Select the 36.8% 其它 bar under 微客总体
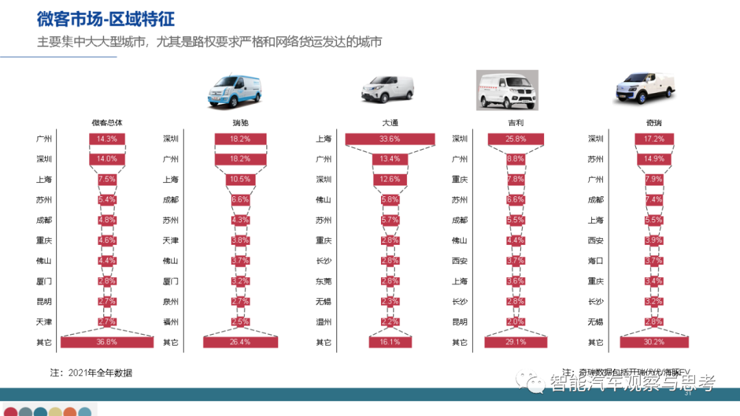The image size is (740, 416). click(x=107, y=342)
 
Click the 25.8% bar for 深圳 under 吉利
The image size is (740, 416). click(x=515, y=139)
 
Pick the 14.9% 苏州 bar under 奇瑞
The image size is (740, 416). click(x=654, y=159)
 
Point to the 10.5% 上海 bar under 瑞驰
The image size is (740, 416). click(x=240, y=180)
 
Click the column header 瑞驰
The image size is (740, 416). click(x=240, y=123)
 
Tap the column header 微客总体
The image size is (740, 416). click(x=107, y=123)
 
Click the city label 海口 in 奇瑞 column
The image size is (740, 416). click(x=595, y=261)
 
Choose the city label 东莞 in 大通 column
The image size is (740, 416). click(x=323, y=281)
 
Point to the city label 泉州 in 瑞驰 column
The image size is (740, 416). click(x=171, y=302)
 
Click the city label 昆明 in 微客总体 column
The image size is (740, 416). click(x=44, y=302)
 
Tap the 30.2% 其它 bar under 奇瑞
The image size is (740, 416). click(x=654, y=342)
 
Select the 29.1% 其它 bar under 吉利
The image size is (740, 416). click(x=515, y=342)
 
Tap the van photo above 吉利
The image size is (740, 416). click(x=507, y=90)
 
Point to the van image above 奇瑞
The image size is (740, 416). click(x=643, y=87)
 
